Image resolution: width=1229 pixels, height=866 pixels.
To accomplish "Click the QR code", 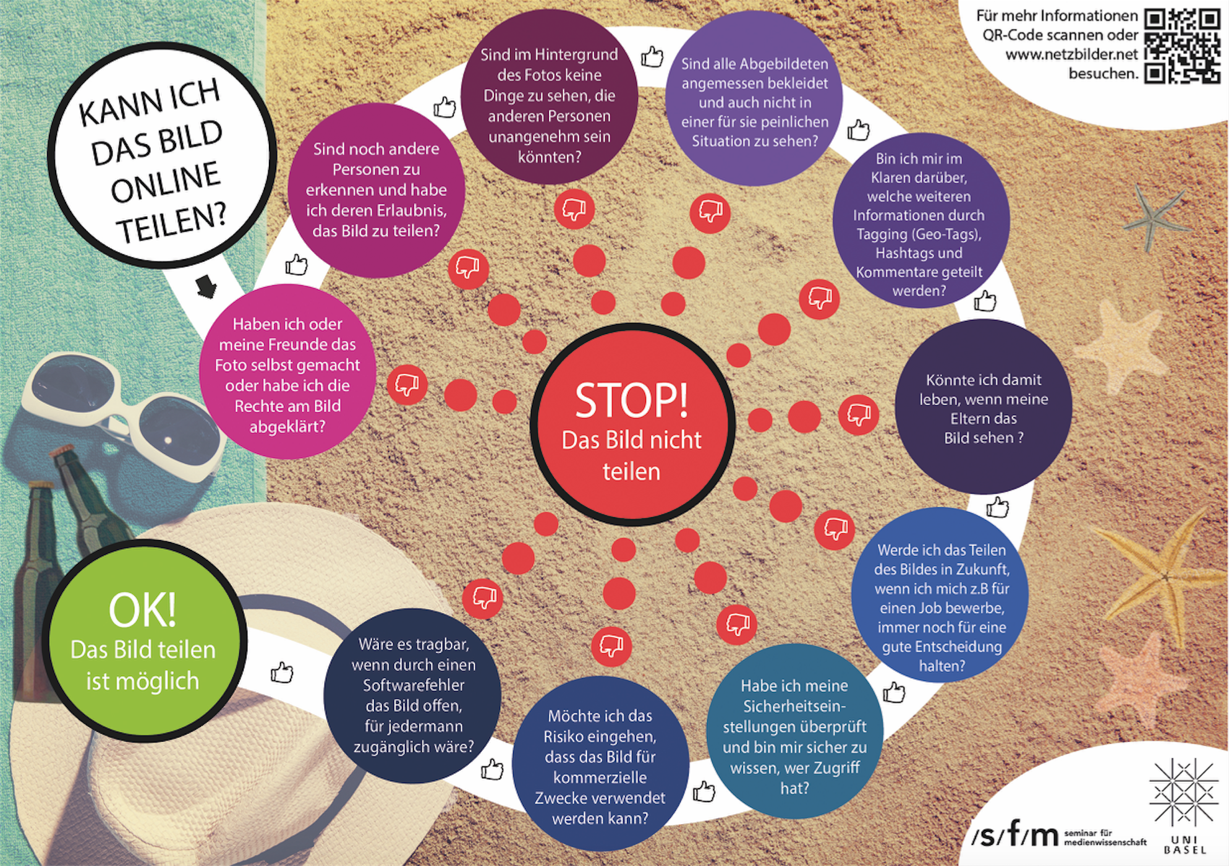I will (1181, 45).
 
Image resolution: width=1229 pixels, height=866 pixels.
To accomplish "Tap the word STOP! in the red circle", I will (631, 400).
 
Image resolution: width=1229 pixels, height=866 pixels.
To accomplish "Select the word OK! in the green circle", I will (142, 610).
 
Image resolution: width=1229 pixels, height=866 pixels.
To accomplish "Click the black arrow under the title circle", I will (206, 286).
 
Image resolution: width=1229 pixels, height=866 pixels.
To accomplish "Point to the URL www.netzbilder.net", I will (1071, 54).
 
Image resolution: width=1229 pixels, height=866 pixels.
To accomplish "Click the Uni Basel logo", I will (1183, 804).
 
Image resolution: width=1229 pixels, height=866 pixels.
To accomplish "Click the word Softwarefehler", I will (413, 685).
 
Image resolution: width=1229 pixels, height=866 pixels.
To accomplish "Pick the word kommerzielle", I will (600, 778).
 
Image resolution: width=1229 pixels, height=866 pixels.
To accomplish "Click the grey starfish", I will (1154, 216).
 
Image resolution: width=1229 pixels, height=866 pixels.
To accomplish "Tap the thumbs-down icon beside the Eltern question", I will (859, 414).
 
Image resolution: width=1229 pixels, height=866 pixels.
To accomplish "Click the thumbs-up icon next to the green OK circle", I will (282, 672).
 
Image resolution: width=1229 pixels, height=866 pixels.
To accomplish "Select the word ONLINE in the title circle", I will (166, 182).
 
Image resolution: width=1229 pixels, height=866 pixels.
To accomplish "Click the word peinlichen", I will (791, 122).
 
